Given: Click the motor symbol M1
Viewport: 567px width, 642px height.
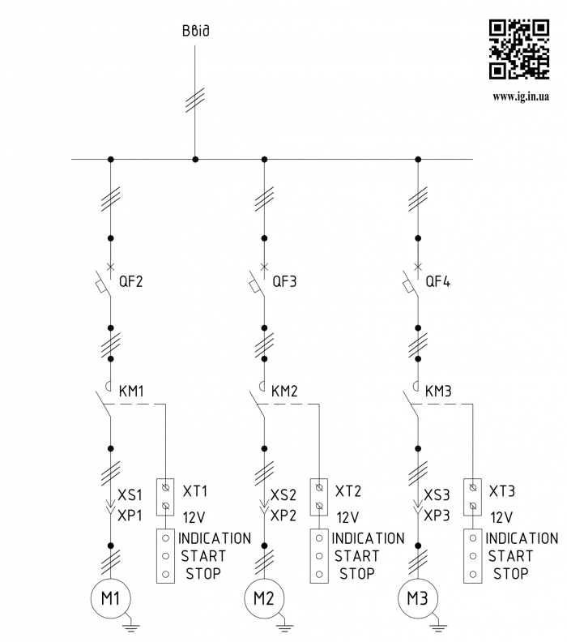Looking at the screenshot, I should [111, 601].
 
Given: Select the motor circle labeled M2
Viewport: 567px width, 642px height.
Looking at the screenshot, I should [264, 601].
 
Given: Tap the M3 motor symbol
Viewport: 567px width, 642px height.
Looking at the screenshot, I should [417, 601].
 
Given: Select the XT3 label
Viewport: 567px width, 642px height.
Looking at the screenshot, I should [502, 491].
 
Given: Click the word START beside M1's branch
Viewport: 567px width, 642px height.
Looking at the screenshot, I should [203, 556].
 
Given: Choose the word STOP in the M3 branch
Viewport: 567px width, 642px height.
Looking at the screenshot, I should [510, 574].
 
